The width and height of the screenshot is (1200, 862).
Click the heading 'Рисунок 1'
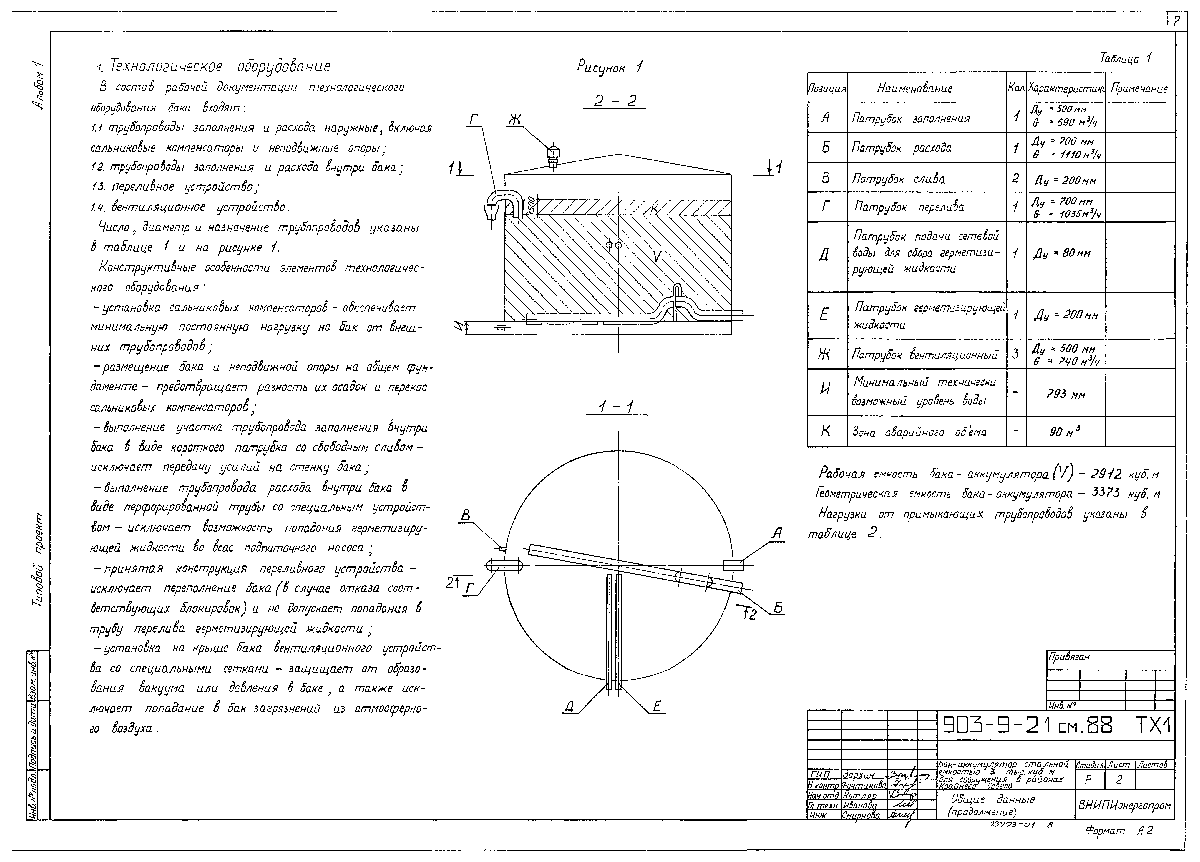[610, 67]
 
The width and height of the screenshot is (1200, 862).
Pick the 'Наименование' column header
[915, 88]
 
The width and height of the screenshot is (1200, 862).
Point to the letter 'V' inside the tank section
[656, 256]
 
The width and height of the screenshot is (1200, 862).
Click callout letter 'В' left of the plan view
[465, 516]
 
